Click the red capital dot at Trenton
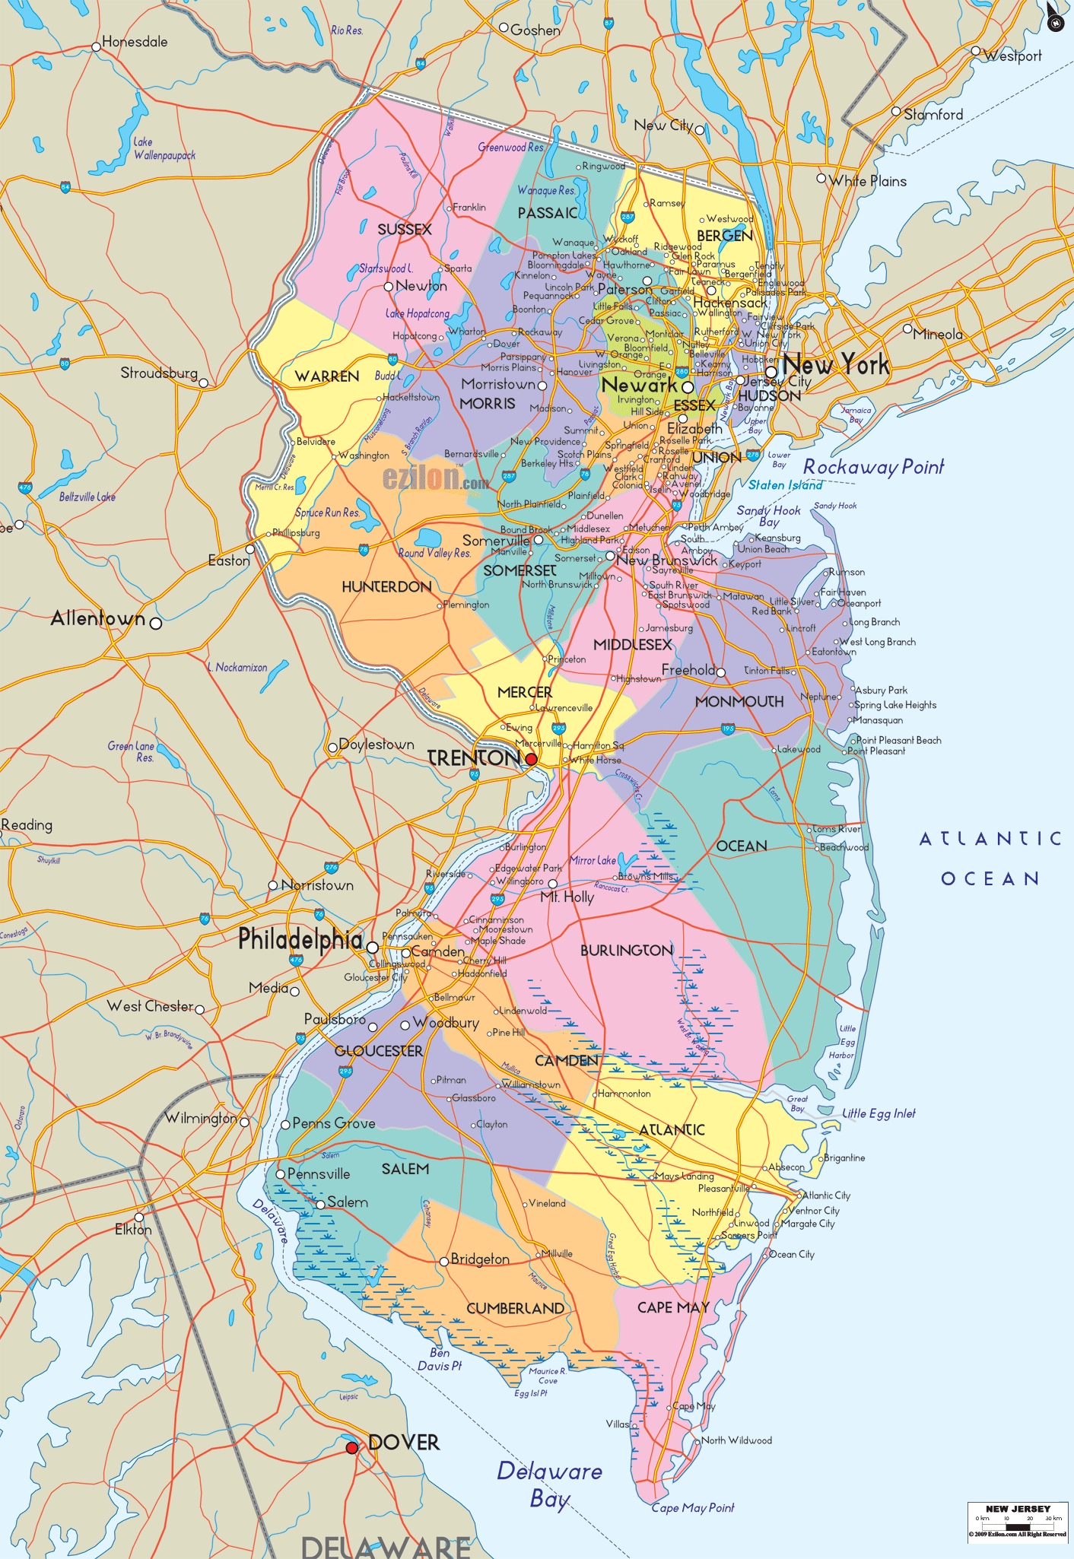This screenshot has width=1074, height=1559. pos(531,759)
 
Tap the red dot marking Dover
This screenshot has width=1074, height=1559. pos(351,1448)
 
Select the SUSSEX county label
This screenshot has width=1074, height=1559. pos(404,229)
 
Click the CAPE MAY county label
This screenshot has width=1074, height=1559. pos(673,1307)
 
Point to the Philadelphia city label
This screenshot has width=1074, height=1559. pos(300,939)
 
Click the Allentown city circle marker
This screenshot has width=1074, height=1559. pos(156,623)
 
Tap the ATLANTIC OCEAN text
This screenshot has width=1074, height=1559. pos(990,859)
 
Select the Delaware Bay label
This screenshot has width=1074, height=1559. pos(549,1484)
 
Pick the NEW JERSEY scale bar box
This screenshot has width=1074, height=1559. pos(1017,1522)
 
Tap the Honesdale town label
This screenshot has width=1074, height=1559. pos(135,42)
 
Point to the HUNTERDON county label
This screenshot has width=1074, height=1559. pos(386,586)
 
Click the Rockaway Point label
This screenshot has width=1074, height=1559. pos(873,466)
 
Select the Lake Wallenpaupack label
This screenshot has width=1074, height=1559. pos(164,148)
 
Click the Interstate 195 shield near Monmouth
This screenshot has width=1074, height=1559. pos(728,729)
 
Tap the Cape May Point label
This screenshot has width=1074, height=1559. pos(693,1507)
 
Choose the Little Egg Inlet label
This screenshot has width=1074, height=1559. pos(879,1113)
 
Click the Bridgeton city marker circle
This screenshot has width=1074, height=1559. pos(444,1261)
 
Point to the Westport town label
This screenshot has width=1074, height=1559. pos(1012,56)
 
